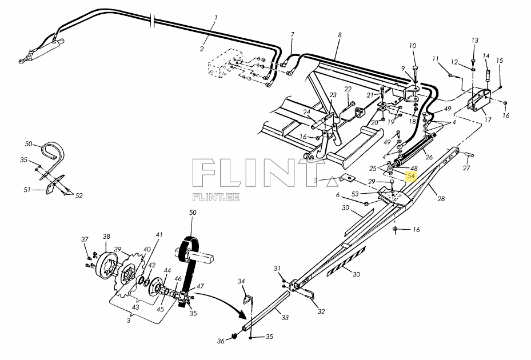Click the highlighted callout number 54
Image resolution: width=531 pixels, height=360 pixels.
(x=410, y=177)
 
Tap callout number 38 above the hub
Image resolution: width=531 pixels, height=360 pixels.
(x=106, y=236)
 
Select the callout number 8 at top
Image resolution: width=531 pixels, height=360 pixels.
(x=340, y=35)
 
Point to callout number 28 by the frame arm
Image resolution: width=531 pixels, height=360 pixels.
(x=441, y=199)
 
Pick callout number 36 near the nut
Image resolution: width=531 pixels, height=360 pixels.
(x=221, y=342)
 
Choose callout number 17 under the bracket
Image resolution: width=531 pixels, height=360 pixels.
(x=488, y=120)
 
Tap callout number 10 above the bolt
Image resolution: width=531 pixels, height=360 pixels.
(x=413, y=46)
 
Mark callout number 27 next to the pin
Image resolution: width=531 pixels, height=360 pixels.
(x=466, y=168)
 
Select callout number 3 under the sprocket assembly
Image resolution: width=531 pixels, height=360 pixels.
(x=128, y=321)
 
